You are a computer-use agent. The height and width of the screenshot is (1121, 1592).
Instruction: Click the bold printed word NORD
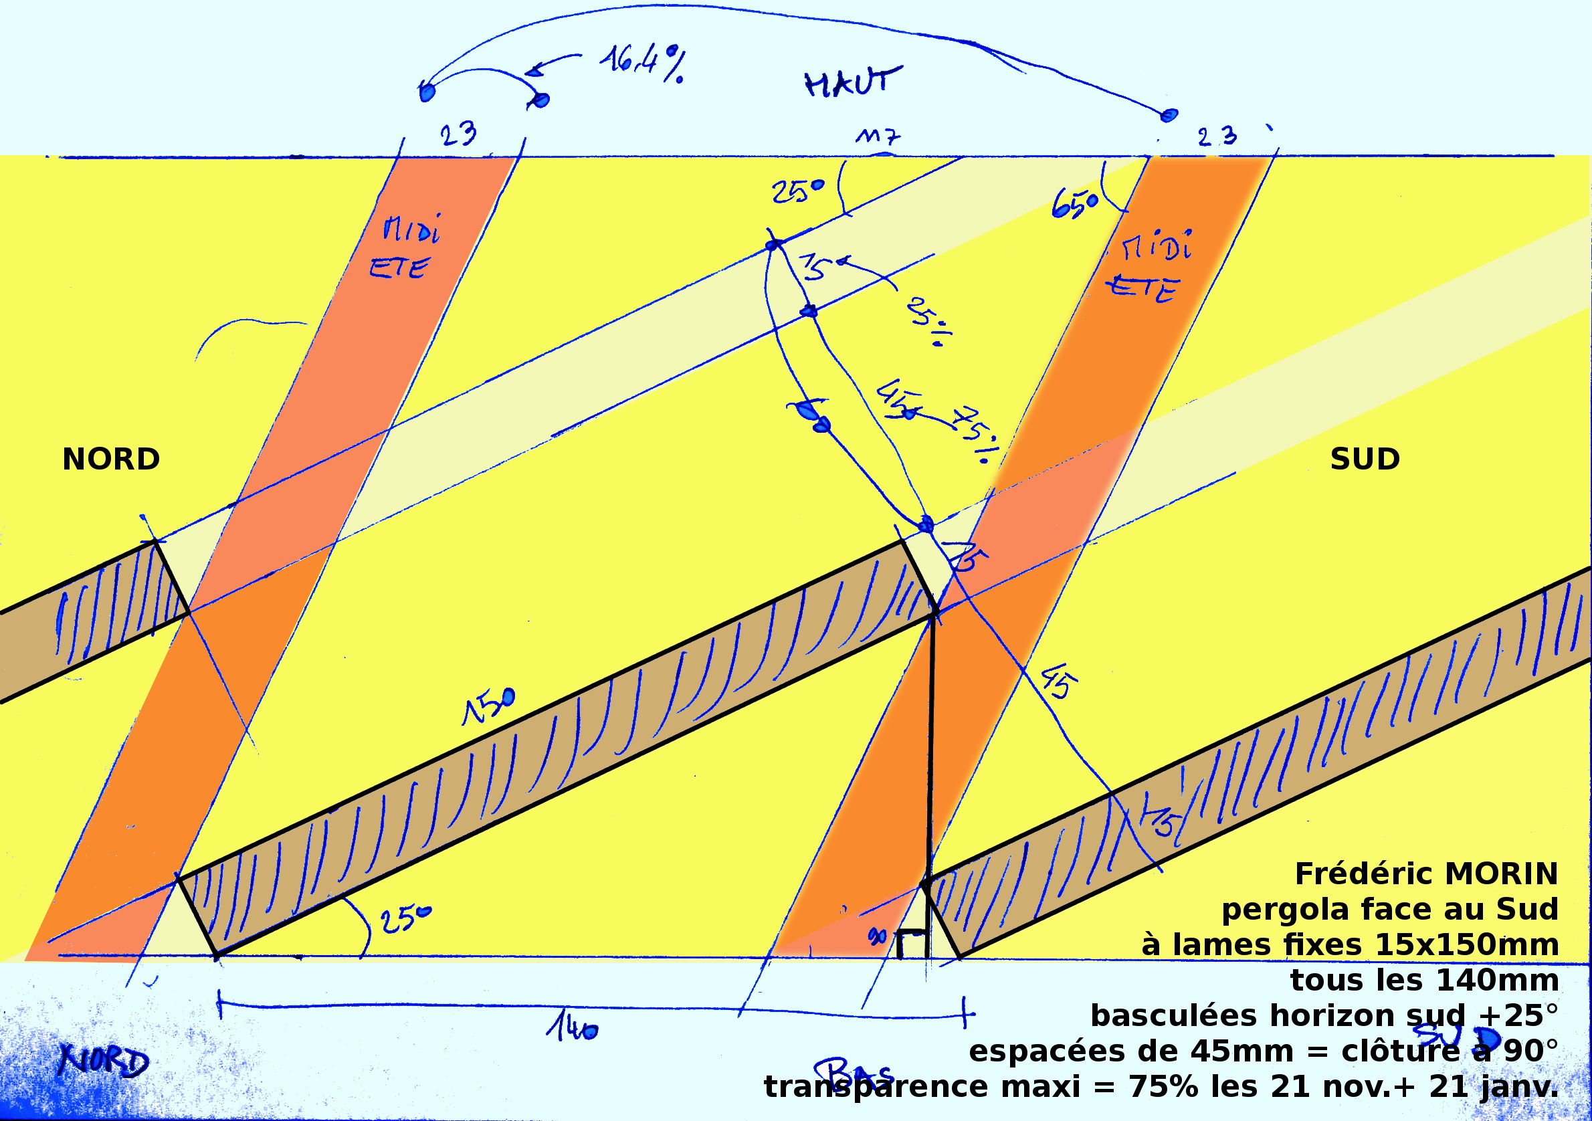[111, 459]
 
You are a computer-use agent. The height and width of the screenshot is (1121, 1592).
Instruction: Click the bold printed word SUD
[1365, 459]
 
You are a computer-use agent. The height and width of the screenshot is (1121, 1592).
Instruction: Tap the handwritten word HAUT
[853, 82]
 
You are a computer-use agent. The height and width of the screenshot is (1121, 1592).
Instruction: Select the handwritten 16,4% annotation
[642, 63]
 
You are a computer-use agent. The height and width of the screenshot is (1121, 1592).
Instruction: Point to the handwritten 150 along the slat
[490, 707]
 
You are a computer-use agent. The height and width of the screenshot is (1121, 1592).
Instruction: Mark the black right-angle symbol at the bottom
[912, 944]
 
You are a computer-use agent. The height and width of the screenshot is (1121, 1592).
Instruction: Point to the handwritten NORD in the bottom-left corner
[104, 1061]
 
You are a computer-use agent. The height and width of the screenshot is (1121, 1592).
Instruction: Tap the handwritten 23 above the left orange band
[458, 133]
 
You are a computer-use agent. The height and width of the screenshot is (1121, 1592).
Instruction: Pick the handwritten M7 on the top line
[877, 135]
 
